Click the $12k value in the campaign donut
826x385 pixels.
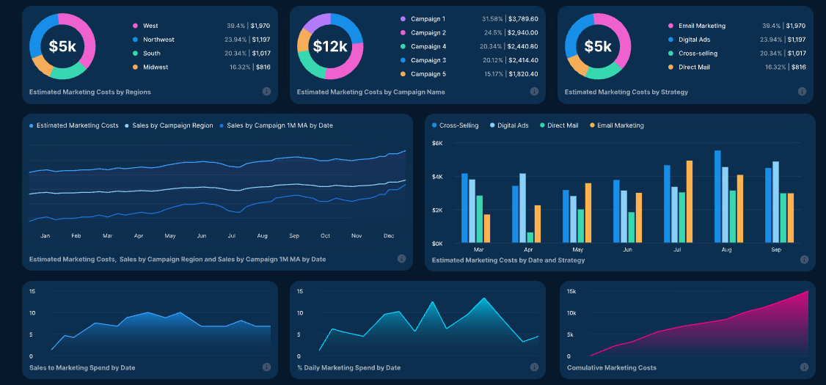[x=330, y=47]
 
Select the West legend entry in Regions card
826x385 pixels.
[x=150, y=26]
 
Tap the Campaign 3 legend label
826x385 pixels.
[x=428, y=60]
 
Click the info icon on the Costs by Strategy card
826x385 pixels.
[x=802, y=92]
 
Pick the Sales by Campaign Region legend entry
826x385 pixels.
[x=172, y=125]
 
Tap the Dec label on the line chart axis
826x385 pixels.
[x=389, y=236]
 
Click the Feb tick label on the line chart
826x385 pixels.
[x=76, y=236]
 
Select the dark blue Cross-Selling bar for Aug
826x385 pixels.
[x=717, y=197]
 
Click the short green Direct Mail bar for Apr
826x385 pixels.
[x=530, y=238]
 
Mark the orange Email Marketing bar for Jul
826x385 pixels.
[x=690, y=202]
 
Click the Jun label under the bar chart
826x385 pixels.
[x=627, y=250]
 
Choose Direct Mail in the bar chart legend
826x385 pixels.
[x=562, y=125]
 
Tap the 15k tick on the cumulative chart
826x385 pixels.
[x=572, y=291]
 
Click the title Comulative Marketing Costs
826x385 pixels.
[x=612, y=367]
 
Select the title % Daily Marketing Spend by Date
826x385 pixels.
[x=348, y=367]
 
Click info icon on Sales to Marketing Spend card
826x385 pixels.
[x=266, y=367]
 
